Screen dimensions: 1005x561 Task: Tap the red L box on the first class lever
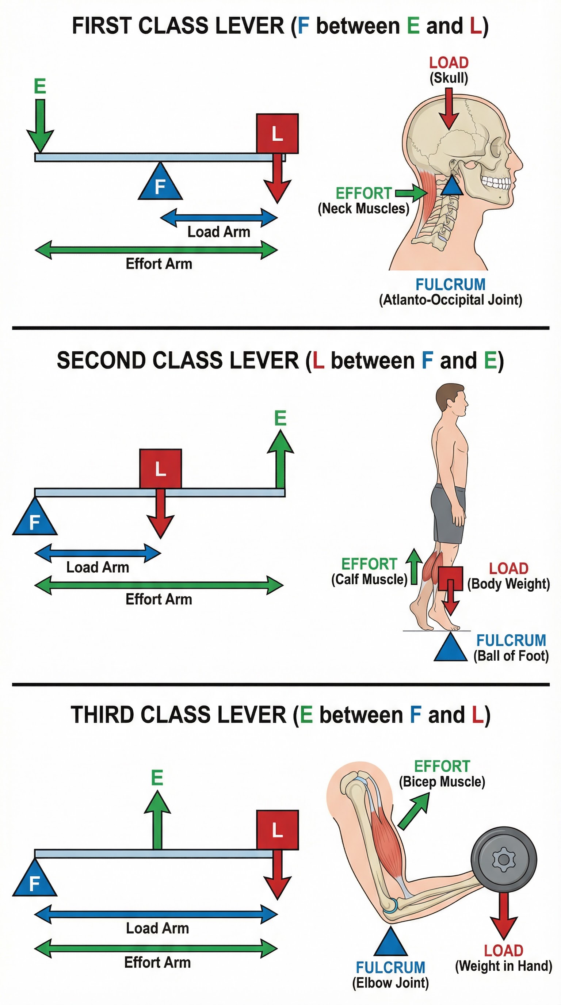point(277,133)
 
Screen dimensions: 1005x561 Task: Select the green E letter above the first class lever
point(40,86)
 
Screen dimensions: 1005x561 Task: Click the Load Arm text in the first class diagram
point(218,232)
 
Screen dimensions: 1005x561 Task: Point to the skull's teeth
point(496,182)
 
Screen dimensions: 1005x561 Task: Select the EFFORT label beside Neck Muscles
point(364,193)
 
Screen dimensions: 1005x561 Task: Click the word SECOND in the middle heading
point(101,360)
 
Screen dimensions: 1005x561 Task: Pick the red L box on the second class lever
point(160,468)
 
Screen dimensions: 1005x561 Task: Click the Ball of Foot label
point(511,656)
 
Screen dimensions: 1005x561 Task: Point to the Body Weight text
point(509,584)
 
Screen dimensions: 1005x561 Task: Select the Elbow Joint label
point(390,983)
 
